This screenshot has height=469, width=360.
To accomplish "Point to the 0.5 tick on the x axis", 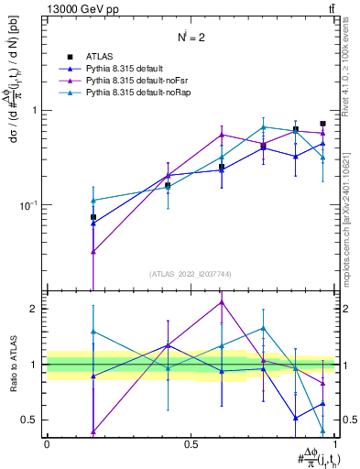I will (x=191, y=444).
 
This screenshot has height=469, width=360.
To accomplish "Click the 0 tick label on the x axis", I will (x=47, y=444).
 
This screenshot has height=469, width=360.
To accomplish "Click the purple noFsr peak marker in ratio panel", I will (x=221, y=302).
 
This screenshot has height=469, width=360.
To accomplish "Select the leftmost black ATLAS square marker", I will (x=93, y=217).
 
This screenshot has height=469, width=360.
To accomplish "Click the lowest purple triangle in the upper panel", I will (x=93, y=251).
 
